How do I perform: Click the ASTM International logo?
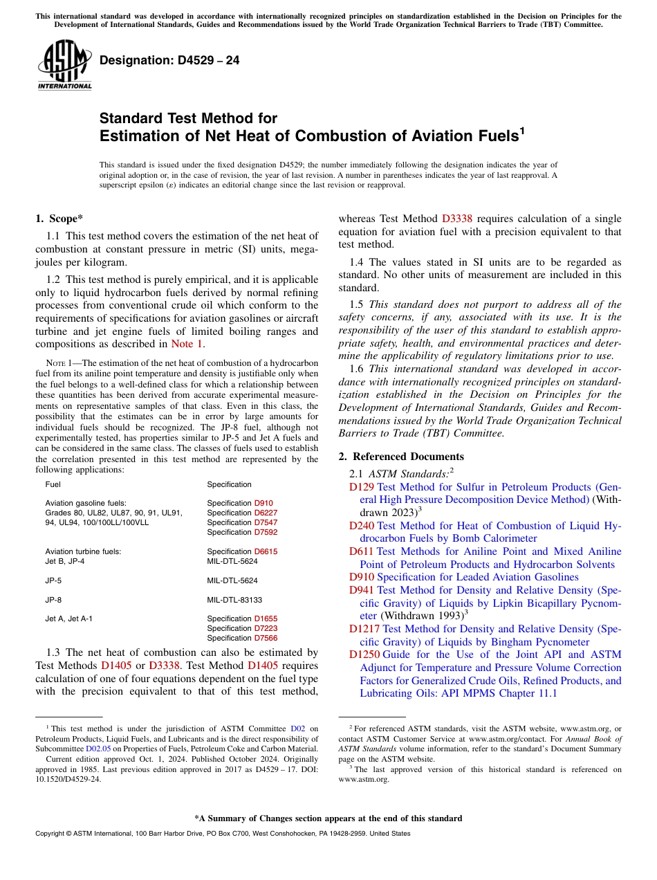[64, 65]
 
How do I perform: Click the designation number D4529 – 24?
[169, 60]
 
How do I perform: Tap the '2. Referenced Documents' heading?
[401, 457]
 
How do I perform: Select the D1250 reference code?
[364, 654]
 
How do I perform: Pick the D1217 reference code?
[364, 629]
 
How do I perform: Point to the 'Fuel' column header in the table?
[53, 484]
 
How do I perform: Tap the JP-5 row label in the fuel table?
[53, 580]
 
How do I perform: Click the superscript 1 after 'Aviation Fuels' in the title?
[523, 131]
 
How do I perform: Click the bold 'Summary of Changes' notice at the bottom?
[328, 818]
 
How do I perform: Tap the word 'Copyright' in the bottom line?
[51, 834]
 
